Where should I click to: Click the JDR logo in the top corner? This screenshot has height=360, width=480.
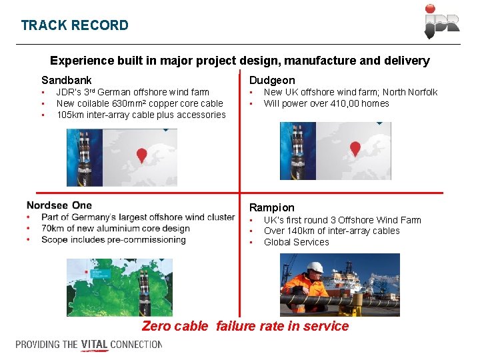441,22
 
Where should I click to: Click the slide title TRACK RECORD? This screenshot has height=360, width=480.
75,25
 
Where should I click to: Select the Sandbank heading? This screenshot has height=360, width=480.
67,80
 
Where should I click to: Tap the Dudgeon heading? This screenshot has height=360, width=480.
272,80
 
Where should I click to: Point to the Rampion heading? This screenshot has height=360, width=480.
271,207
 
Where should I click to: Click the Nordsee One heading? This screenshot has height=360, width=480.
59,205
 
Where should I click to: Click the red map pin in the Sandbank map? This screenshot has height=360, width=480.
141,155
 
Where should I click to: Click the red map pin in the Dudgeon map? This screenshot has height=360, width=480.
355,149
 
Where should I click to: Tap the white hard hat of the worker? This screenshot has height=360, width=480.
315,267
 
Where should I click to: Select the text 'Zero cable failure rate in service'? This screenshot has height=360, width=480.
245,326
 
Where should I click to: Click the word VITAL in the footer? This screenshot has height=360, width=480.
95,345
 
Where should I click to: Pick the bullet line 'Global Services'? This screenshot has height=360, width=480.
296,242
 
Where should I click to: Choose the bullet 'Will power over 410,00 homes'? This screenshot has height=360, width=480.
326,103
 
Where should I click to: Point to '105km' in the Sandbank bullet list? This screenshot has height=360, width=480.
69,115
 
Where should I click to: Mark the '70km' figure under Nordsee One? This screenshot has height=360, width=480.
53,229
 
